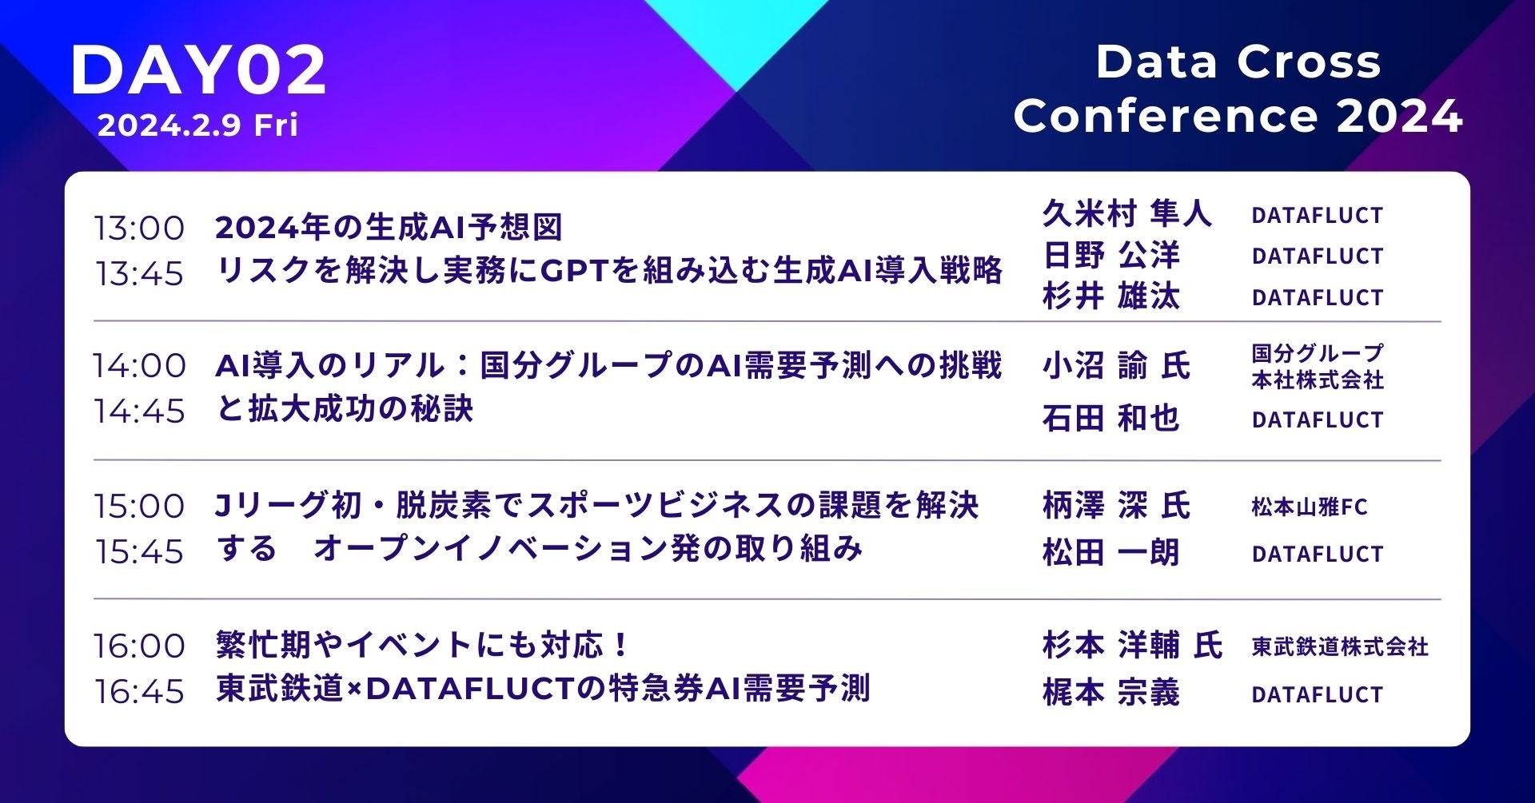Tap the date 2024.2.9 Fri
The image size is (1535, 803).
[x=198, y=125]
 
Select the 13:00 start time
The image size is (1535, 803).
[x=139, y=228]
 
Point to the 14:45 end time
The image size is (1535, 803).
[x=139, y=411]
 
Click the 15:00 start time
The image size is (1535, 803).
[x=139, y=506]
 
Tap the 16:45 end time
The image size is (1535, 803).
[x=139, y=691]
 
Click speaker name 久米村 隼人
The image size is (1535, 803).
[x=1127, y=213]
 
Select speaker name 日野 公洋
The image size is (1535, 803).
[x=1111, y=255]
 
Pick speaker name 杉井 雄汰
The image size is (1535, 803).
[x=1111, y=296]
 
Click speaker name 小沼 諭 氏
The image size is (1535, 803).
[x=1117, y=366]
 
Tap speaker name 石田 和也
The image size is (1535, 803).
[x=1111, y=418]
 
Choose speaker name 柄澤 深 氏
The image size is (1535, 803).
[x=1117, y=506]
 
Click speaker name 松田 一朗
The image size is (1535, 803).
[x=1111, y=552]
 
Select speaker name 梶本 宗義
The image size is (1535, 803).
[x=1111, y=693]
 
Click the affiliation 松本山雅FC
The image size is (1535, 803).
[x=1310, y=507]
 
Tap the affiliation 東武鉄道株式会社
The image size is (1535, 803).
[x=1340, y=646]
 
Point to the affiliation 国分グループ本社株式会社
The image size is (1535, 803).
[x=1318, y=366]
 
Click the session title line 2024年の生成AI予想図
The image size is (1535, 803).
[x=389, y=228]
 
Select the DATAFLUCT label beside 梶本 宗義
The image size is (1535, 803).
[x=1318, y=694]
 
